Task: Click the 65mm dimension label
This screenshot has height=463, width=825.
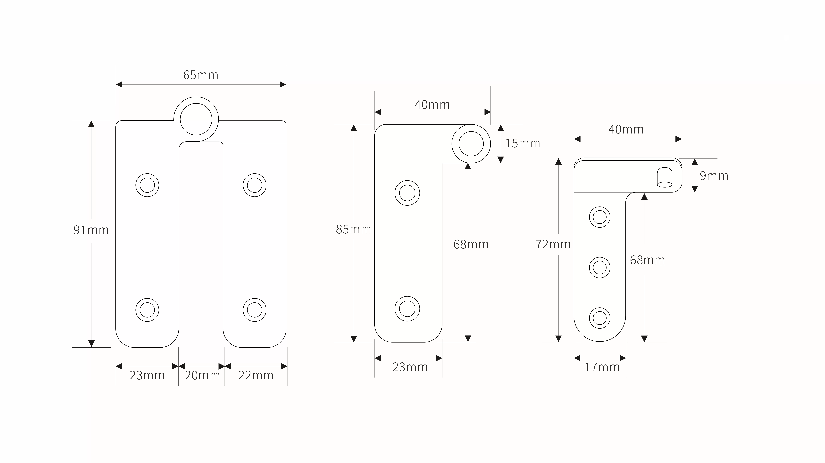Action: tap(200, 75)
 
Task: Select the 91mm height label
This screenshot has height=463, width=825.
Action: tap(91, 230)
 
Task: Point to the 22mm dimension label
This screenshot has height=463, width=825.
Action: tap(256, 375)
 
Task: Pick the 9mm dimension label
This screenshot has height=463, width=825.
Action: tap(714, 176)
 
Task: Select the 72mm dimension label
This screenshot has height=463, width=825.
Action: tap(553, 244)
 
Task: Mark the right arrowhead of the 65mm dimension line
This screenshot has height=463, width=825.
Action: tap(283, 85)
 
